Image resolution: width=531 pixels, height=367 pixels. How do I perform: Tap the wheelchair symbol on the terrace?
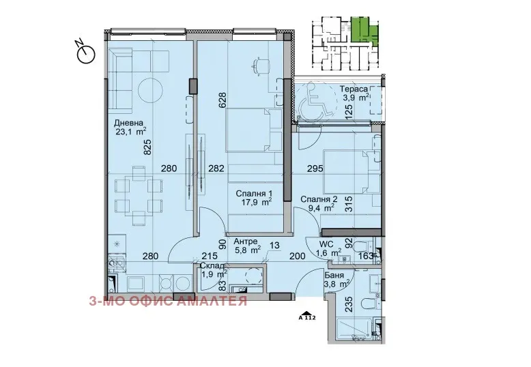[315, 100]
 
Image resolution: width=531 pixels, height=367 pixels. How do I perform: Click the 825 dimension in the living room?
[147, 147]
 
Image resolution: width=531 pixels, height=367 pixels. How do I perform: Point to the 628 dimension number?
[223, 100]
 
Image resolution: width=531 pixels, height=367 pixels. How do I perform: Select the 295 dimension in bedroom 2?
[315, 168]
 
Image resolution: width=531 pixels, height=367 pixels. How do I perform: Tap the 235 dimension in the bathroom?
[349, 304]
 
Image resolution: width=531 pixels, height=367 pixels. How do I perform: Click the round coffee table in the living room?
[151, 90]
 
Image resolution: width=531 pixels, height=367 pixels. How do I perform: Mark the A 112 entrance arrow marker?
[307, 316]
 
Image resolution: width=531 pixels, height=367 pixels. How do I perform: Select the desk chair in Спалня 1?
[261, 65]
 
